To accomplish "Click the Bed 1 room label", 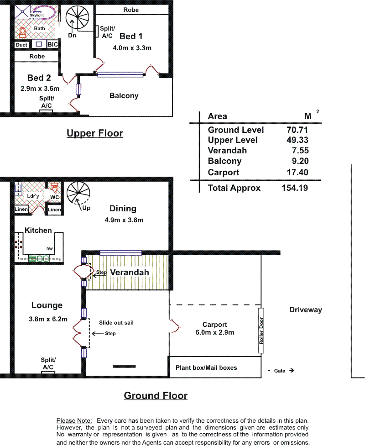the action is click(x=131, y=37).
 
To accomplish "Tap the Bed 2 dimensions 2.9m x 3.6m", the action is click(x=40, y=89).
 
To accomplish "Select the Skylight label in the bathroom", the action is click(x=37, y=15).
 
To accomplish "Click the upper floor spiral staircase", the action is click(x=77, y=18).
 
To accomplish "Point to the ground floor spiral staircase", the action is click(x=78, y=193).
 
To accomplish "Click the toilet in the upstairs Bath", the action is click(x=22, y=32).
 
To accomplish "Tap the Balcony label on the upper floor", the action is click(x=124, y=95).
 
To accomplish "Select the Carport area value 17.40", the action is click(x=297, y=172).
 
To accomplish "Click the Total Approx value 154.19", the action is click(x=295, y=188).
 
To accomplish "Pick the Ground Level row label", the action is click(x=236, y=130).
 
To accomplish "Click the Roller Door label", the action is click(x=261, y=331).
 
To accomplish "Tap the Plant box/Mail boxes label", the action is click(x=206, y=367).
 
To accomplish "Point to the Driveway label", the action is click(x=306, y=310).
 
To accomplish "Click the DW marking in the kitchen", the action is click(x=49, y=249).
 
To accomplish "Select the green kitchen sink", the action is click(x=39, y=258).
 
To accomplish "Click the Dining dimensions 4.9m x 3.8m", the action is click(x=124, y=220).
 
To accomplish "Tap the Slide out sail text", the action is click(x=116, y=323).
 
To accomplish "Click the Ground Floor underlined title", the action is click(x=156, y=396).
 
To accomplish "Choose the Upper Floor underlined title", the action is click(x=94, y=133).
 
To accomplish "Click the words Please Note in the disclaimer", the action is click(x=74, y=420).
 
